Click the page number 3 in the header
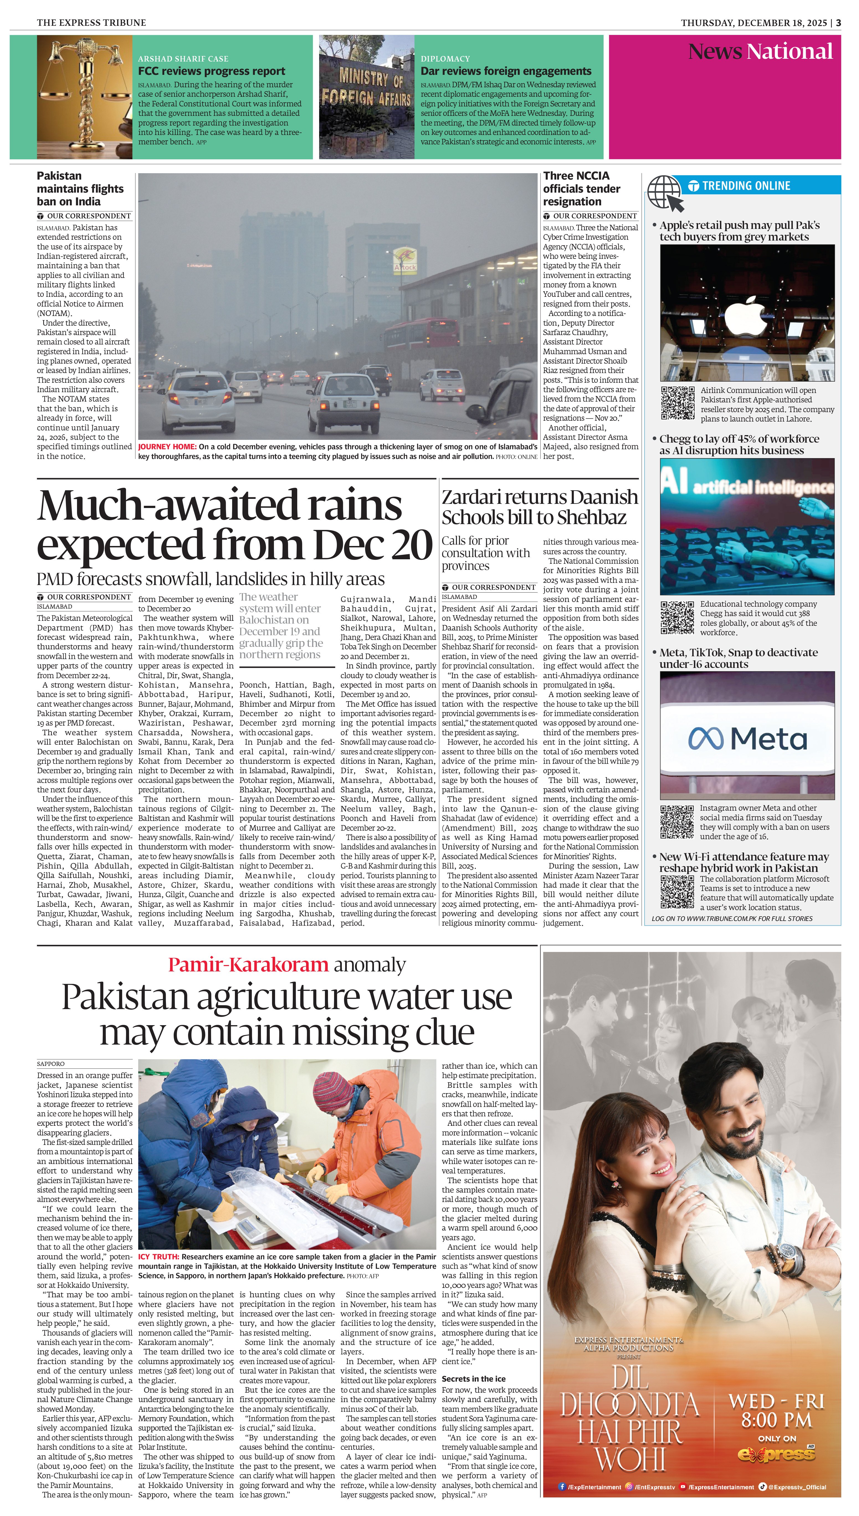(838, 23)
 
